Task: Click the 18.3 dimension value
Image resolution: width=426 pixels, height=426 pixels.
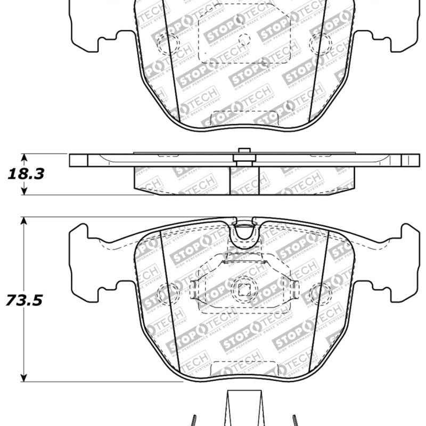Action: click(25, 174)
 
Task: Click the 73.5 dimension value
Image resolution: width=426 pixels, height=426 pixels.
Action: click(24, 300)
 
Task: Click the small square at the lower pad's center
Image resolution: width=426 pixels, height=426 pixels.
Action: click(244, 290)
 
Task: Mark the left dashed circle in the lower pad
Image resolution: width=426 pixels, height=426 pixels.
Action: click(169, 292)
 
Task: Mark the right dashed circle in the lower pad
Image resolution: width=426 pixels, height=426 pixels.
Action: click(320, 292)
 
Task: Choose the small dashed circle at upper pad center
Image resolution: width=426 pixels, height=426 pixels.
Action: click(244, 39)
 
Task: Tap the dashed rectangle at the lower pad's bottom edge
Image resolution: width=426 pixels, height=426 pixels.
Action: click(244, 369)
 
